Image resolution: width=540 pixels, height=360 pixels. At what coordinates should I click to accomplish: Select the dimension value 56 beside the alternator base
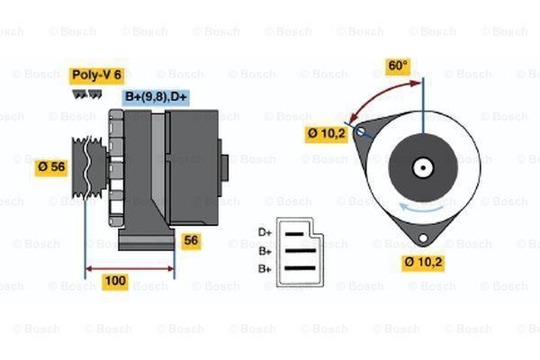point(191,240)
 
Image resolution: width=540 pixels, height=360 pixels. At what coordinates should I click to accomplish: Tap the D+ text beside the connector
point(265,232)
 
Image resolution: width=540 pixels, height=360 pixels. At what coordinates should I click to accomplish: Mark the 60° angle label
point(397,66)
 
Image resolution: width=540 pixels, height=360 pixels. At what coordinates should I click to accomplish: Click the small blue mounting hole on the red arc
point(361,132)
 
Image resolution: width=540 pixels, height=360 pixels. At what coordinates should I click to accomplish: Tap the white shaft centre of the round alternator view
point(421,167)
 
